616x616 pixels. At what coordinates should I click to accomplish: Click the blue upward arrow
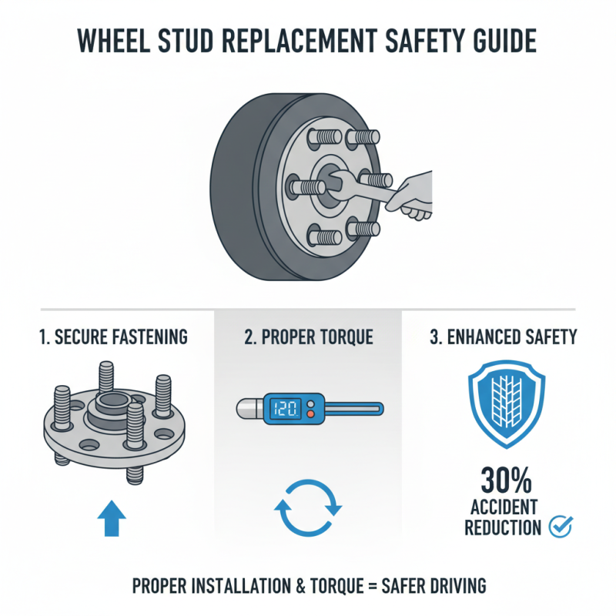click(x=112, y=517)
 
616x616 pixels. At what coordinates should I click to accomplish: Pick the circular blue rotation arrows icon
click(x=308, y=508)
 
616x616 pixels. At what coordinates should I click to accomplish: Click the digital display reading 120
click(x=287, y=409)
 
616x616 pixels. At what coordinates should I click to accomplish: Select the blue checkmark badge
click(x=560, y=527)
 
